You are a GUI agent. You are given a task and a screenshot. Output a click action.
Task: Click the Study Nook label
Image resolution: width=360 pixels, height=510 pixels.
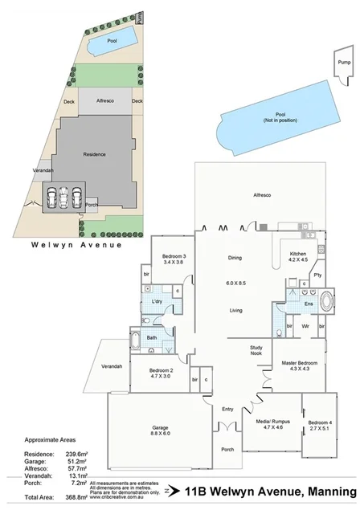257,349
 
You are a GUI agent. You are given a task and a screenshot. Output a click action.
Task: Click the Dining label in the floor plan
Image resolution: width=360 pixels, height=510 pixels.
235,258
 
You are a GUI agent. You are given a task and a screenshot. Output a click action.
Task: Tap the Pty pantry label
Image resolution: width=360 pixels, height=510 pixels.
317,275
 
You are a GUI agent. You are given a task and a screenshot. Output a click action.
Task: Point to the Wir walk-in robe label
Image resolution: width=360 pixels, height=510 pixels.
305,328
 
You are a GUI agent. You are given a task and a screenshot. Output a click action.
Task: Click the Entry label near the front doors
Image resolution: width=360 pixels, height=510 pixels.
227,409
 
